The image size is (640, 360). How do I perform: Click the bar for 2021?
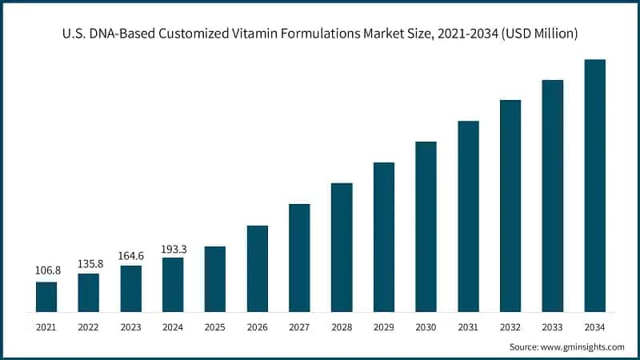pyautogui.click(x=46, y=296)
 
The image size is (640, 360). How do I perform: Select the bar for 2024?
pyautogui.click(x=173, y=284)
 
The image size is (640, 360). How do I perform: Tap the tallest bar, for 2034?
pyautogui.click(x=594, y=185)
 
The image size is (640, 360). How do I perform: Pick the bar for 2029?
pyautogui.click(x=384, y=237)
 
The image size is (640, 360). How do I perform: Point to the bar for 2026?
pyautogui.click(x=257, y=268)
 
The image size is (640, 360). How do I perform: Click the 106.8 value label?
pyautogui.click(x=46, y=270)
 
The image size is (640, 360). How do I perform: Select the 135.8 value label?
pyautogui.click(x=89, y=262)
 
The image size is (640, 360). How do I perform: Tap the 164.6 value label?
pyautogui.click(x=130, y=254)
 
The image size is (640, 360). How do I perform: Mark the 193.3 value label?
pyautogui.click(x=173, y=246)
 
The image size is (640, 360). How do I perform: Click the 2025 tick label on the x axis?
pyautogui.click(x=214, y=326)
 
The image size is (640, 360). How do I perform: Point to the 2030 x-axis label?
pyautogui.click(x=426, y=326)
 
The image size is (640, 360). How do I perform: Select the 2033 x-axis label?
pyautogui.click(x=552, y=326)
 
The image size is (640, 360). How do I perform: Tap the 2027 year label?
pyautogui.click(x=299, y=326)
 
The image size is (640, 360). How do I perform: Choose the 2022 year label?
pyautogui.click(x=89, y=326)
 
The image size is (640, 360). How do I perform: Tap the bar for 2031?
pyautogui.click(x=468, y=216)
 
